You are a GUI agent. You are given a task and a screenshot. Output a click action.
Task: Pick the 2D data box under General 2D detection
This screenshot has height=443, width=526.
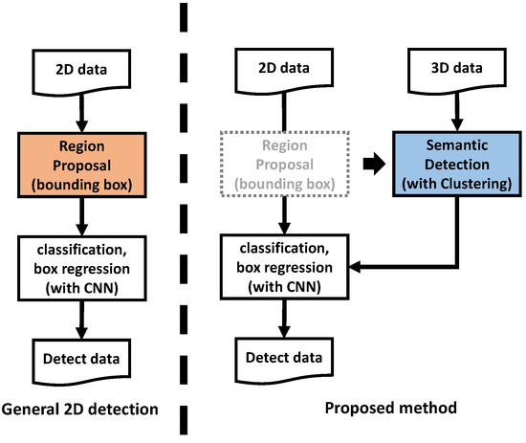click(x=79, y=71)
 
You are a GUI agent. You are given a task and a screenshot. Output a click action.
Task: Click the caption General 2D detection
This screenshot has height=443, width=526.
click(x=79, y=411)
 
